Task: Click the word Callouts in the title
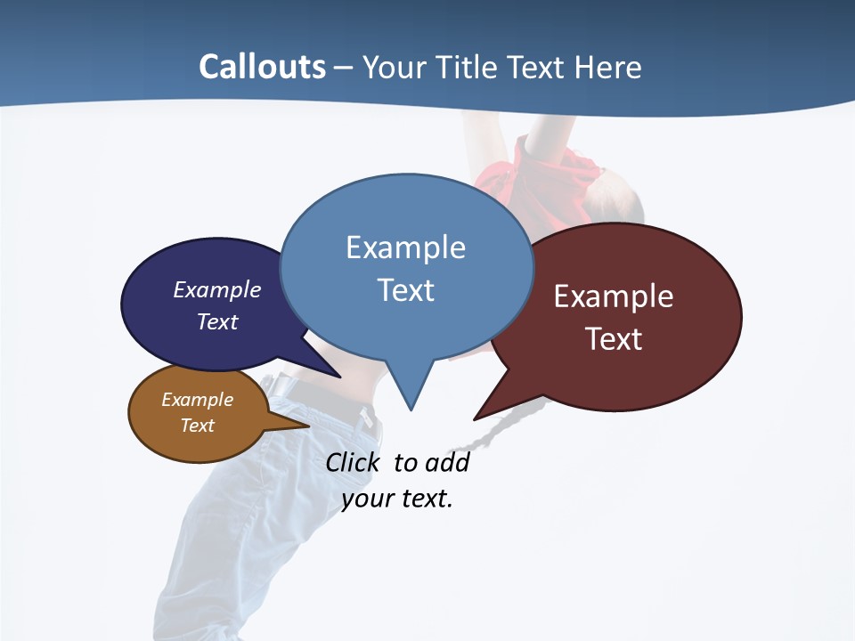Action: pos(262,67)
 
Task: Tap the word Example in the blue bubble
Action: pos(405,247)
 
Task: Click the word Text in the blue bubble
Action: pos(405,289)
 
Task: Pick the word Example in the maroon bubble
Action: pos(614,296)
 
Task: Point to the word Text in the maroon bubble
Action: pos(614,338)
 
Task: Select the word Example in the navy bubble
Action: pos(217,289)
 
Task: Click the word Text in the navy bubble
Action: pos(217,321)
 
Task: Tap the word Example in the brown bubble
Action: pos(197,400)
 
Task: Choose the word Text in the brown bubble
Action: pos(197,426)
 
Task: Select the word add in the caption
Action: pos(446,463)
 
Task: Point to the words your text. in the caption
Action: pos(397,499)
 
